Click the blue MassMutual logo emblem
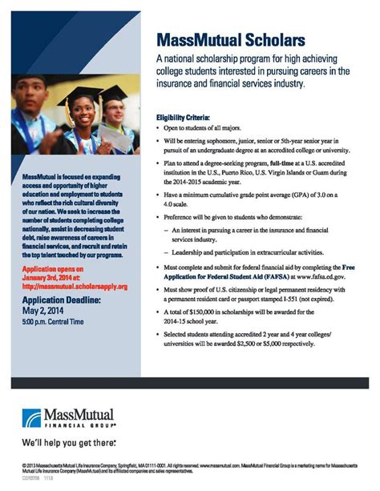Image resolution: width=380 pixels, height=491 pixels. [37, 414]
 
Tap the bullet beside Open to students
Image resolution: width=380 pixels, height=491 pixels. [158, 127]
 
